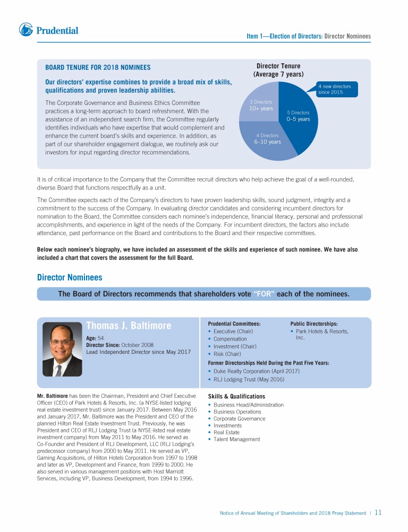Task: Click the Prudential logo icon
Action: tap(27, 30)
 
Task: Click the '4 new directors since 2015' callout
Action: tap(335, 88)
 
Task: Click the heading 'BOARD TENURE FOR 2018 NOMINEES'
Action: tap(98, 68)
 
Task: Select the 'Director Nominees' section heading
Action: tap(70, 277)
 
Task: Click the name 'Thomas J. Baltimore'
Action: tap(130, 326)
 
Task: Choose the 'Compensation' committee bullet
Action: tap(230, 339)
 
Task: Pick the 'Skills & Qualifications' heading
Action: tap(236, 396)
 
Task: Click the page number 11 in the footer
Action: tap(378, 513)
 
